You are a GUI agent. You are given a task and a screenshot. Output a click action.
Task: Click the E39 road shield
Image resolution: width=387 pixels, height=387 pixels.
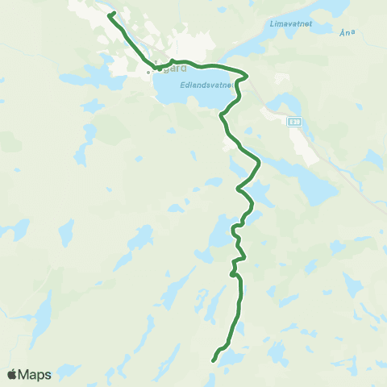click(x=296, y=122)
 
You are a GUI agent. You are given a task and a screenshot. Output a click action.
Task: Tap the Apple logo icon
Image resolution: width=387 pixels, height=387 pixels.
click(x=12, y=374)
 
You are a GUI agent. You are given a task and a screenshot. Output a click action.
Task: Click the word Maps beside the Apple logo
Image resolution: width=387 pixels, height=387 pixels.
click(x=36, y=374)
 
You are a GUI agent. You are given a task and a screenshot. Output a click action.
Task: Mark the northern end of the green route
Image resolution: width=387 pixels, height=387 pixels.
click(x=108, y=14)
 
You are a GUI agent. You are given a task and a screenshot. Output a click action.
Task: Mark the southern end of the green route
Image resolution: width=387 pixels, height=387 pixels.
click(x=213, y=360)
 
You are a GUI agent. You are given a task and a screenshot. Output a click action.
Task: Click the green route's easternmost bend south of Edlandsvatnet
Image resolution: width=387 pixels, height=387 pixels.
click(x=260, y=164)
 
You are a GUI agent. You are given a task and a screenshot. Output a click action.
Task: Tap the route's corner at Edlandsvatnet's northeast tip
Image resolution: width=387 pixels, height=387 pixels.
click(x=247, y=77)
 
